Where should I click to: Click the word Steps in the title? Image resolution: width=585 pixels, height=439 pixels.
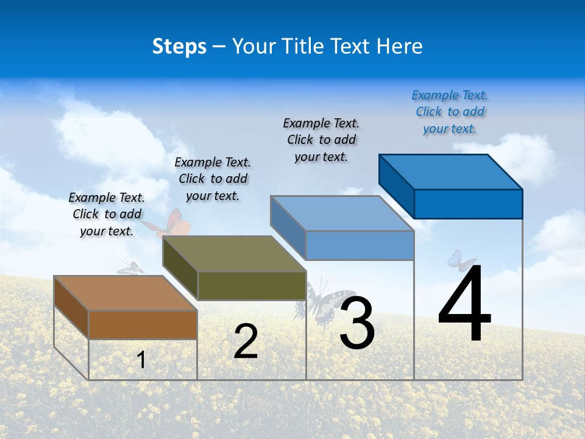179,46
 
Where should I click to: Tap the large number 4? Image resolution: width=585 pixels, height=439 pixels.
464,304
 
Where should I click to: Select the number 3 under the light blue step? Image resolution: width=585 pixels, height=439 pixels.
357,323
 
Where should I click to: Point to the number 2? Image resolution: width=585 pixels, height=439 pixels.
246,342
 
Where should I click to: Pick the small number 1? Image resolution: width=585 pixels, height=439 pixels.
141,360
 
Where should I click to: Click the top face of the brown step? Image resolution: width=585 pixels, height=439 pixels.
126,293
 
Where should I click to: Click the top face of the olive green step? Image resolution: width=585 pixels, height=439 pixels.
234,254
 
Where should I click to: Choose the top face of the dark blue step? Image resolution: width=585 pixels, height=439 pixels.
451,172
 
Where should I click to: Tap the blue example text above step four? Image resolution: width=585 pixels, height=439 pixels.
450,112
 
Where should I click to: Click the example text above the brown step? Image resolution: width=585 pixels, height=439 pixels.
107,214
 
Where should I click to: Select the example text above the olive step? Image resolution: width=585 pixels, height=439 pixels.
213,179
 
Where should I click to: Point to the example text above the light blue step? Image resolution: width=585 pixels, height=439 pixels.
322,140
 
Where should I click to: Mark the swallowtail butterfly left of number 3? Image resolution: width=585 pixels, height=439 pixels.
317,302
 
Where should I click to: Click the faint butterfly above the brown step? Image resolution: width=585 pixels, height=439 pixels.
130,268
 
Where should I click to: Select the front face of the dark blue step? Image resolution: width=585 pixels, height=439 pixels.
468,204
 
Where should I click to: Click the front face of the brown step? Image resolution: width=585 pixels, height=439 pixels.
143,324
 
